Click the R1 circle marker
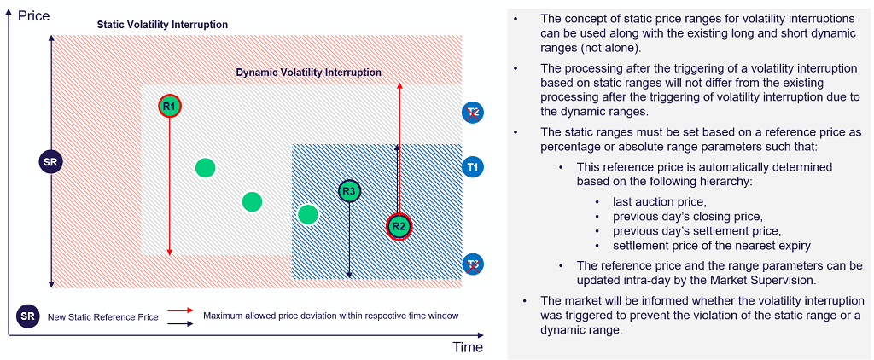click(169, 106)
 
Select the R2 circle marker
click(399, 226)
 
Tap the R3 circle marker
click(349, 191)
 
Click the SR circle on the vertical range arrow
click(51, 161)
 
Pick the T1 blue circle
click(473, 165)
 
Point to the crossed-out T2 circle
click(473, 113)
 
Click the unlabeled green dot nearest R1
click(205, 167)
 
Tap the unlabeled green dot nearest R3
click(308, 213)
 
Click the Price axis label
click(33, 15)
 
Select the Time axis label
click(468, 347)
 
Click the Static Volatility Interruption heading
click(162, 25)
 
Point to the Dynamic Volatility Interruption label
click(308, 73)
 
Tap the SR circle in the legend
click(27, 316)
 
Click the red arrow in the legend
click(179, 311)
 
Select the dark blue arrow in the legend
click(179, 322)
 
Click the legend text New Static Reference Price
click(102, 317)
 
